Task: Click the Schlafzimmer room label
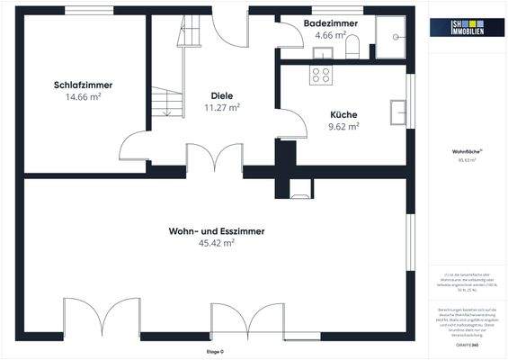83,85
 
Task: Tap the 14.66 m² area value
83,97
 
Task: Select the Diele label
222,95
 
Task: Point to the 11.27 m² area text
222,107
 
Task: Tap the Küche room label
343,115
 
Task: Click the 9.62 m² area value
343,127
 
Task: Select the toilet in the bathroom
352,46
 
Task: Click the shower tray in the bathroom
393,39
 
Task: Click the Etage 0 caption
214,350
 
